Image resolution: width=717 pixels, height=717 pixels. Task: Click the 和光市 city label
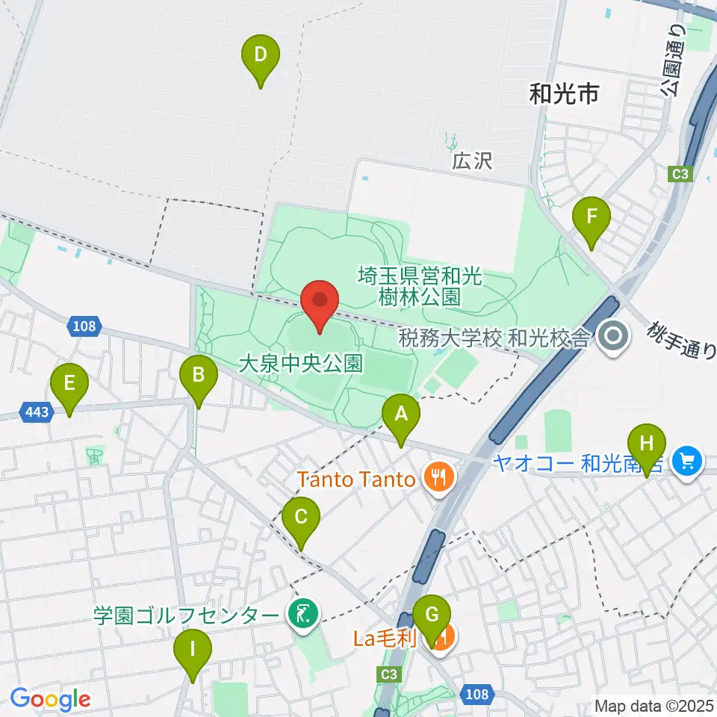pyautogui.click(x=564, y=93)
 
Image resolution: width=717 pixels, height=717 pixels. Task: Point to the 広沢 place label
pyautogui.click(x=473, y=161)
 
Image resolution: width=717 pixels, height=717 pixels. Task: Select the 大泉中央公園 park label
pyautogui.click(x=300, y=364)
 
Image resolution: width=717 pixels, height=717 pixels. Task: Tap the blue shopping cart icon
pyautogui.click(x=687, y=461)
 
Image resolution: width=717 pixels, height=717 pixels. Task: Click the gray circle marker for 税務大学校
pyautogui.click(x=613, y=338)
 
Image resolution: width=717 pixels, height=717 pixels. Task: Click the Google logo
pyautogui.click(x=50, y=698)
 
